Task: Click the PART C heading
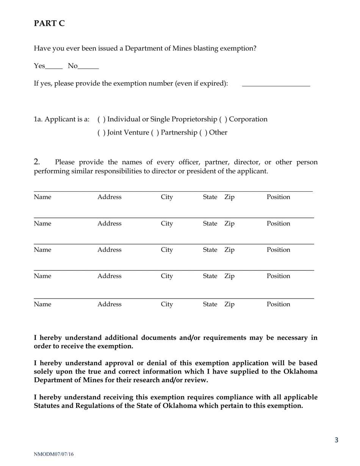pyautogui.click(x=49, y=23)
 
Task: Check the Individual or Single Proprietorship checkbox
pyautogui.click(x=102, y=119)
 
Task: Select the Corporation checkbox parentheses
pyautogui.click(x=223, y=119)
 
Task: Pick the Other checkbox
pyautogui.click(x=203, y=133)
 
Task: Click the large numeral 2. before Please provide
pyautogui.click(x=37, y=162)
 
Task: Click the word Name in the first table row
pyautogui.click(x=42, y=197)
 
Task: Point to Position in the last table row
pyautogui.click(x=278, y=304)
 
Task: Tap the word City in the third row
pyautogui.click(x=167, y=250)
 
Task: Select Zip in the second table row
pyautogui.click(x=229, y=224)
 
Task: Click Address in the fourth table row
pyautogui.click(x=110, y=276)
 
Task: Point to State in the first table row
pyautogui.click(x=210, y=197)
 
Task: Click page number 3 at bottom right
pyautogui.click(x=336, y=440)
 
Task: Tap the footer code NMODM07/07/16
pyautogui.click(x=54, y=454)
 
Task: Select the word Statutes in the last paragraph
pyautogui.click(x=49, y=406)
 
